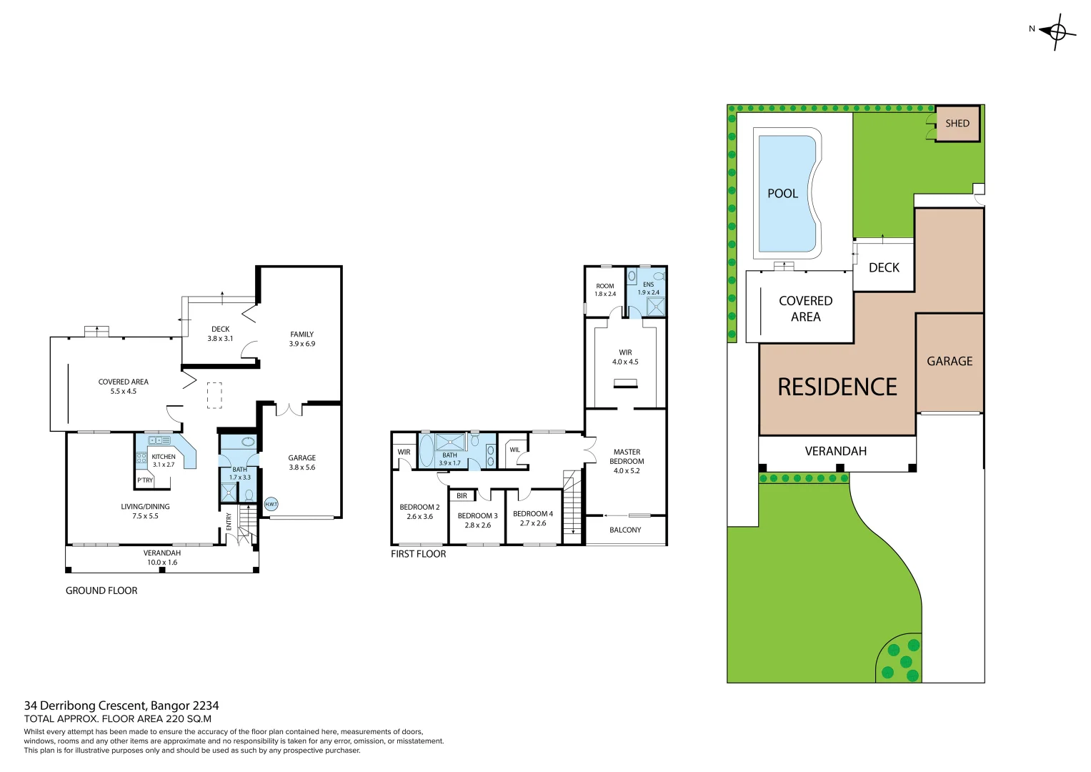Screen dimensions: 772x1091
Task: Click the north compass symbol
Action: click(x=1057, y=31)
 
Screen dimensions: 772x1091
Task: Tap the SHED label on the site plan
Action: click(x=957, y=124)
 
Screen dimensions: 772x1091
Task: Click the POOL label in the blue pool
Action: click(x=782, y=194)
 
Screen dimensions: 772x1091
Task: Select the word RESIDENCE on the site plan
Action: click(x=837, y=387)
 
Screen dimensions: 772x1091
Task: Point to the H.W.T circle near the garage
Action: click(x=271, y=504)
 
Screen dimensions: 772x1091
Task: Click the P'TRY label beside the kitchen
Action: click(x=145, y=480)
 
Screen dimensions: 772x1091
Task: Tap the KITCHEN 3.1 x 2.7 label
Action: click(x=164, y=460)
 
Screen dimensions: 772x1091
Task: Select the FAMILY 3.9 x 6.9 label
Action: click(x=302, y=339)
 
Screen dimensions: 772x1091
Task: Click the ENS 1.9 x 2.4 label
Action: click(x=648, y=288)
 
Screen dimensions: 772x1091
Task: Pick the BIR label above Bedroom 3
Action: click(x=462, y=495)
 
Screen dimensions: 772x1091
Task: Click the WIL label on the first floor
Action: click(x=514, y=450)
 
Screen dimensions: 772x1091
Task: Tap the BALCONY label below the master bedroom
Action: click(x=625, y=530)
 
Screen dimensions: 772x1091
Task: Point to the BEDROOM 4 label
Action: click(x=533, y=518)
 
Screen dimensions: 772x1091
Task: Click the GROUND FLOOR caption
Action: click(x=101, y=590)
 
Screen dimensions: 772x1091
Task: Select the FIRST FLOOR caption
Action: click(x=418, y=554)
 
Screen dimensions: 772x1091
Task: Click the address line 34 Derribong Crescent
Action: click(x=121, y=706)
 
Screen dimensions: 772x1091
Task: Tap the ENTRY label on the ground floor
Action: click(x=229, y=521)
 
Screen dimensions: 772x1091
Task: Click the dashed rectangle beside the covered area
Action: click(x=214, y=395)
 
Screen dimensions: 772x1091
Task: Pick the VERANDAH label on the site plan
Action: click(x=835, y=451)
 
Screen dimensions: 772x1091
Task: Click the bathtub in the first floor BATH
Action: click(x=426, y=450)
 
